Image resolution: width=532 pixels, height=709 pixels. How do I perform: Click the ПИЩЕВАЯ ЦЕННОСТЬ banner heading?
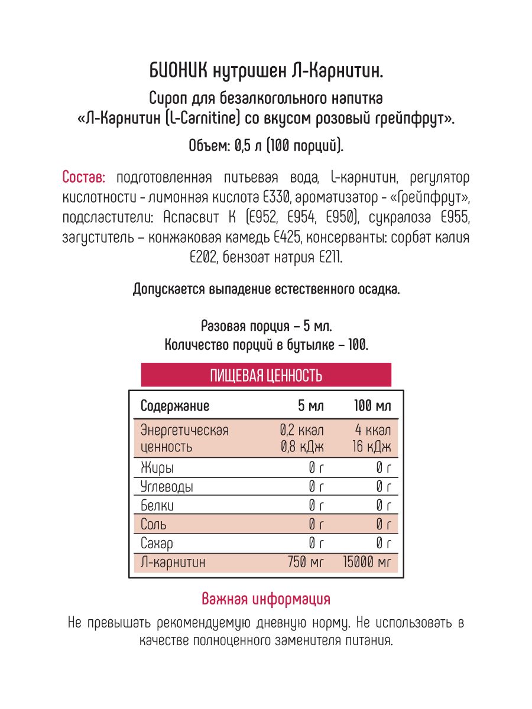point(266,375)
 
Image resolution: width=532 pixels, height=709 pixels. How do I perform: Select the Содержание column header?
point(175,406)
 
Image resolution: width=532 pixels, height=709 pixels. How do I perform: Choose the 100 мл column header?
point(372,406)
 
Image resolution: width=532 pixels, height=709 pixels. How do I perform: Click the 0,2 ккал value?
point(303,430)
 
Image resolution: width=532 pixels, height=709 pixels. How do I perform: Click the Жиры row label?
point(157,469)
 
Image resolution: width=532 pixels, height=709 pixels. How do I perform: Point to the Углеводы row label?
point(167,487)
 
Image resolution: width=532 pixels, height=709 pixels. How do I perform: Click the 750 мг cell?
point(306,562)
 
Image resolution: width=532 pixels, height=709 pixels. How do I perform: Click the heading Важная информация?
point(266,599)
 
